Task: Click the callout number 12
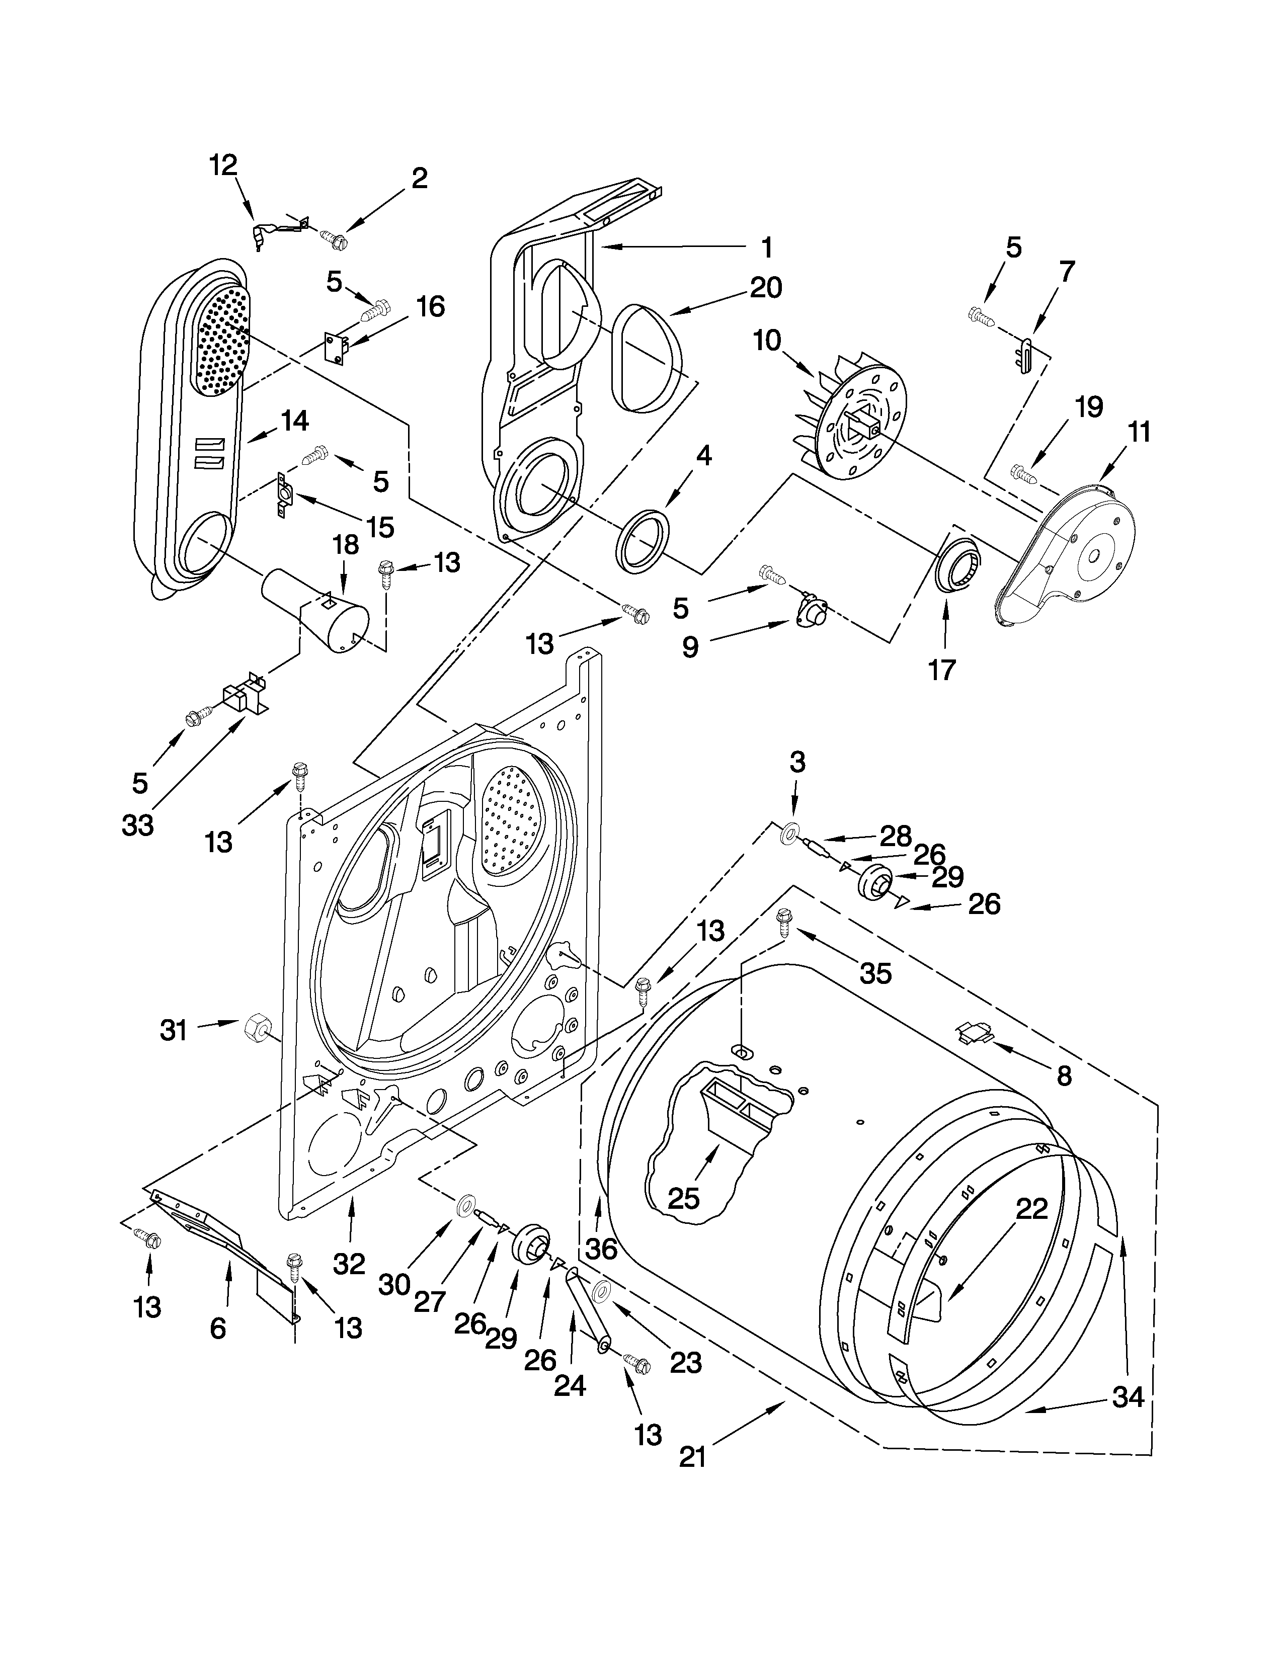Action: click(223, 165)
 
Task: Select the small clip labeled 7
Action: click(1024, 356)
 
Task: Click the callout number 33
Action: click(137, 824)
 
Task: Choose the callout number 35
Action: click(874, 972)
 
